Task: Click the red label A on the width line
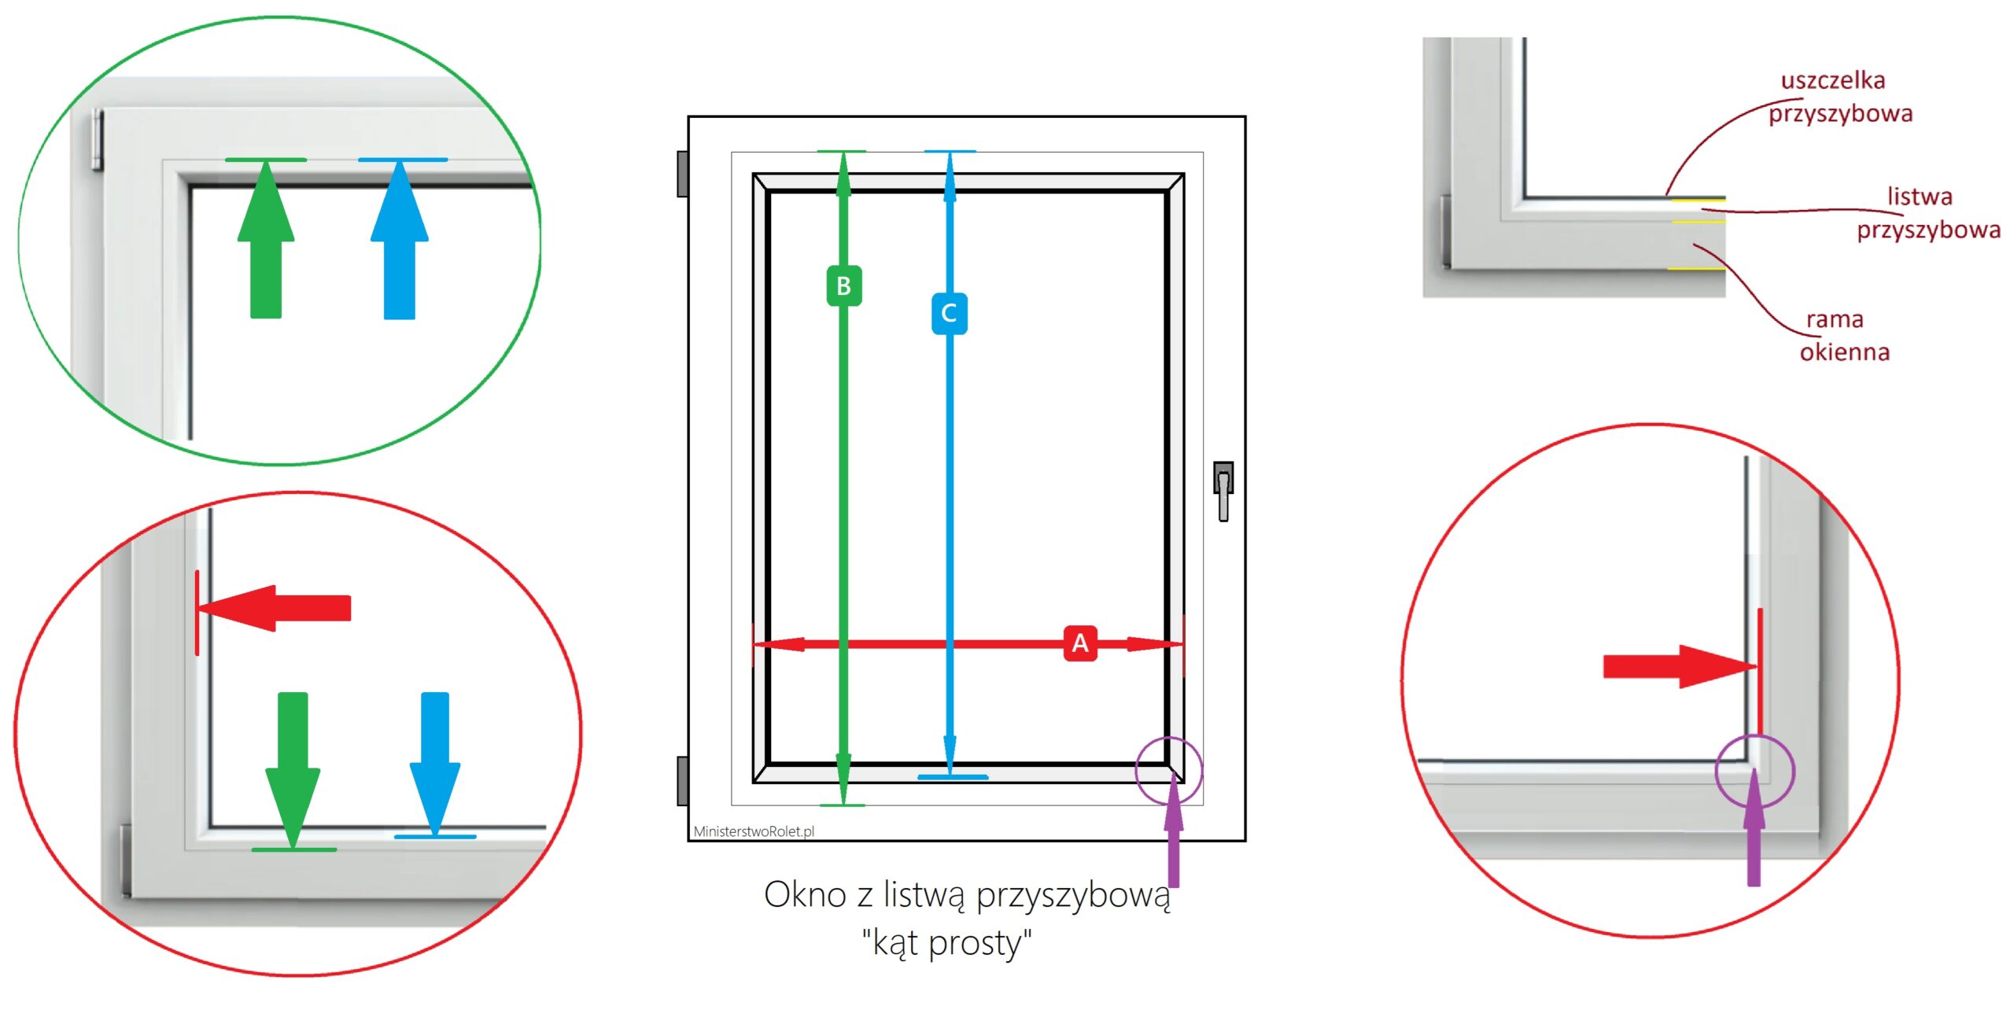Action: pos(1080,643)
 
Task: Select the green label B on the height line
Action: pos(843,286)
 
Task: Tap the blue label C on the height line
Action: pos(949,313)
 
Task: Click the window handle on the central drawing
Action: pos(1223,491)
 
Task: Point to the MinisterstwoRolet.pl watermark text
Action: pos(754,831)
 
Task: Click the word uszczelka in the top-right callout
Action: pos(1833,80)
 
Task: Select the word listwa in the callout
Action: pos(1920,196)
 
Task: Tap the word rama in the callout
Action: pos(1835,319)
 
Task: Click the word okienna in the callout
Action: pos(1845,352)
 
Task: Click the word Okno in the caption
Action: pos(806,894)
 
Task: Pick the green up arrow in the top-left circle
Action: pos(266,239)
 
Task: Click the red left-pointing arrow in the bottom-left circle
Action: pos(275,608)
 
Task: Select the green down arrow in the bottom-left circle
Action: pos(293,770)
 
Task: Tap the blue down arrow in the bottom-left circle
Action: pos(435,763)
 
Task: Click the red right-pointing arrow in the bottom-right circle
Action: pos(1680,666)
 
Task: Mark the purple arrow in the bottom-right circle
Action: pos(1754,827)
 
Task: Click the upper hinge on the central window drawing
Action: pos(683,174)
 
